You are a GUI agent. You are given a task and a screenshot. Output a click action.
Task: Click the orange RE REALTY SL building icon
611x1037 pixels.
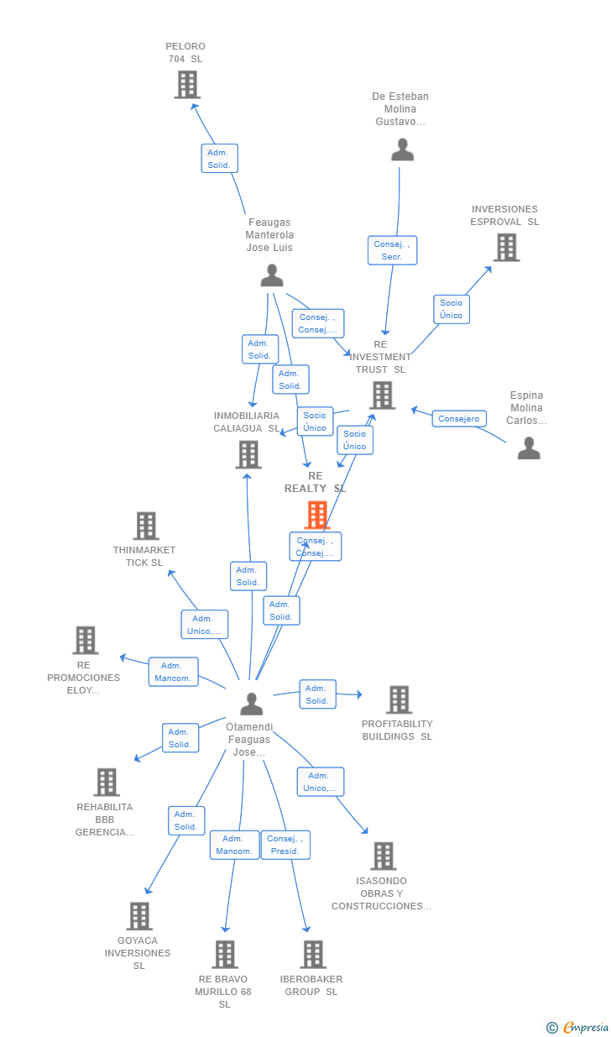click(x=316, y=515)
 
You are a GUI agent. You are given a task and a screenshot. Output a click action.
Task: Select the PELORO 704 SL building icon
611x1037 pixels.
click(x=186, y=85)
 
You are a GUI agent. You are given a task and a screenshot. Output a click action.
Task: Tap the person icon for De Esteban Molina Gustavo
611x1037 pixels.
click(x=403, y=149)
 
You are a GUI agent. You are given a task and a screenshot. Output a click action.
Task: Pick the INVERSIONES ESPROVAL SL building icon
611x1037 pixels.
click(x=506, y=248)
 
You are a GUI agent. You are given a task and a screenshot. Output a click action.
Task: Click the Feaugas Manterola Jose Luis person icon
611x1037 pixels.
click(x=272, y=275)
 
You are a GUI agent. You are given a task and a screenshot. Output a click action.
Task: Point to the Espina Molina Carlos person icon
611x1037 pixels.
click(x=529, y=448)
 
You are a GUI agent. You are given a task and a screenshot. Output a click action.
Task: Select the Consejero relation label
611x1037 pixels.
click(x=459, y=418)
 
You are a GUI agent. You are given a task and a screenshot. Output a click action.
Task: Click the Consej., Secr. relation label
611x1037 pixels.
click(x=392, y=250)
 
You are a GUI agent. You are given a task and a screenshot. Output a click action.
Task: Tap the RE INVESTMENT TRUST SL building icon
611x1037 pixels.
click(x=382, y=395)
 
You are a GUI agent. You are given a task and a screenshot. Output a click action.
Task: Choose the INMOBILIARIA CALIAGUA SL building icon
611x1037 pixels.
click(x=248, y=454)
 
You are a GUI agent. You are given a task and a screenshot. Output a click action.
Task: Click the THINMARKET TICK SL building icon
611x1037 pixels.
click(x=146, y=526)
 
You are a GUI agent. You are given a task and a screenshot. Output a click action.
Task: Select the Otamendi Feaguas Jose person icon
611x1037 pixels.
click(x=251, y=704)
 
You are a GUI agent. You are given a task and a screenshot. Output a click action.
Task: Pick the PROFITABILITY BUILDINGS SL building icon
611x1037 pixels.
click(x=399, y=699)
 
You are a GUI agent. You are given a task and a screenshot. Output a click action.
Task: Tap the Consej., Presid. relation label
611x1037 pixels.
click(x=285, y=845)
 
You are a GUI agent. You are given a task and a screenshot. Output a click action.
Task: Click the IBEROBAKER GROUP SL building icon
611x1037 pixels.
click(x=313, y=955)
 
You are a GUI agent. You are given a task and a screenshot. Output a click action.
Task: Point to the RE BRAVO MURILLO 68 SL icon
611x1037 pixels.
click(x=225, y=955)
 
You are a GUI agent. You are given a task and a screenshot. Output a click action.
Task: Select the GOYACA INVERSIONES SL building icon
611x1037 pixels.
click(x=139, y=916)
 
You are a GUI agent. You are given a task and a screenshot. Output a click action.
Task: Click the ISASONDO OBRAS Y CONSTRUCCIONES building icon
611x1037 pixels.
click(x=384, y=856)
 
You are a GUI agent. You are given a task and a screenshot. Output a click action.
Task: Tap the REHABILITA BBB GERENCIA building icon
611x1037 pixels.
click(x=107, y=782)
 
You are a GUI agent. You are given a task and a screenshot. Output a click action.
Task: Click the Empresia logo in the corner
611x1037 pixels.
click(x=578, y=1027)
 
